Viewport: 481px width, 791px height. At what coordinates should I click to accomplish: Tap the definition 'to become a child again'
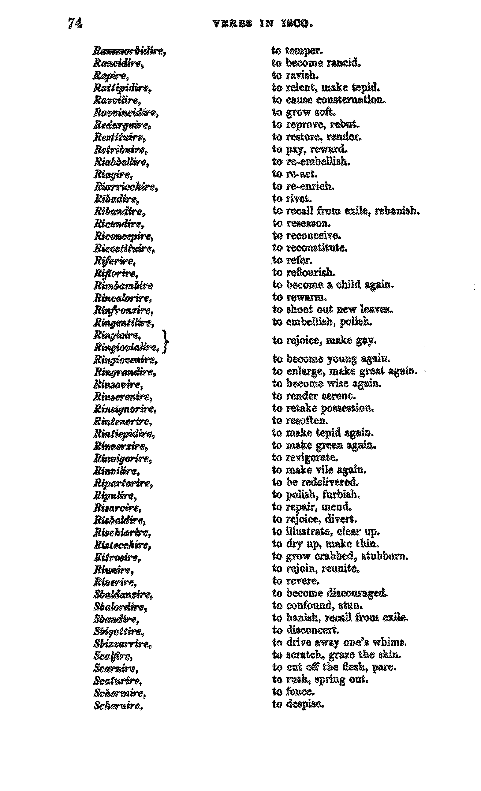[x=333, y=285]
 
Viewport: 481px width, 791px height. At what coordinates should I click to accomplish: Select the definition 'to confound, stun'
[x=317, y=606]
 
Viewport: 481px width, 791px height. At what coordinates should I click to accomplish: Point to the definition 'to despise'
[x=298, y=704]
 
